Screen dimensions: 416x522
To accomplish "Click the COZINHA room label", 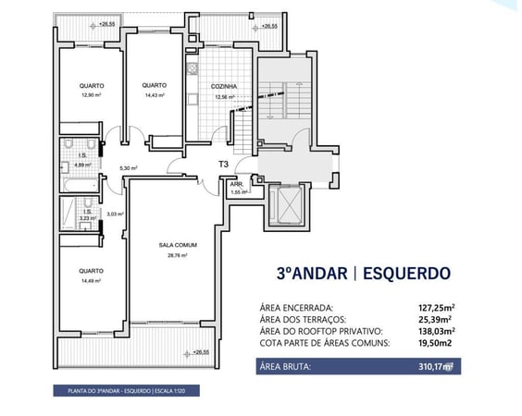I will [225, 86].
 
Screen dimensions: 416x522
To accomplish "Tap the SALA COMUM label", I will [172, 247].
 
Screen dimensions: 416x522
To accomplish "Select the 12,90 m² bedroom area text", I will [91, 94].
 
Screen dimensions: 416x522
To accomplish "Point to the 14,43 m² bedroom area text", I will [154, 94].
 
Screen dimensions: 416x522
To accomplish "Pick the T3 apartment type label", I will [223, 165].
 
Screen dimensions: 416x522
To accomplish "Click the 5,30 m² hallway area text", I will [129, 168].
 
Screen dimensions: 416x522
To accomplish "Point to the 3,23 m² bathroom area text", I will [86, 218].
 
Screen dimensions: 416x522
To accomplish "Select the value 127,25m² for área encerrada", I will [438, 308].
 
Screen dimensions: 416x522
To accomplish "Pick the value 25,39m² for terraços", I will [440, 319].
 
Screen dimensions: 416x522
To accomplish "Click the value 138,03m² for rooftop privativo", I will [438, 331].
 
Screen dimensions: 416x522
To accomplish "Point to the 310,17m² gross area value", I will [436, 366].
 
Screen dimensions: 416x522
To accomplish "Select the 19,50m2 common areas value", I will [438, 343].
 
